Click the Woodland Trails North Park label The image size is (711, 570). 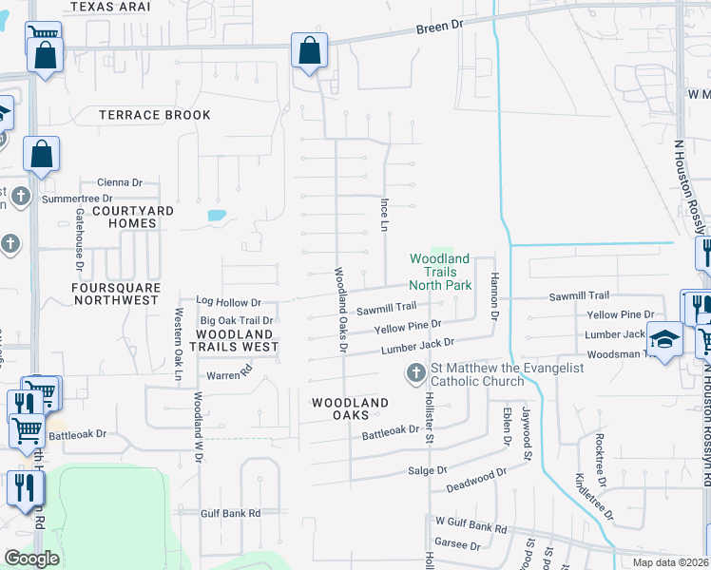pos(440,271)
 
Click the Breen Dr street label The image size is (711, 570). pos(437,29)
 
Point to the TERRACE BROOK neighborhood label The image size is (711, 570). pos(155,115)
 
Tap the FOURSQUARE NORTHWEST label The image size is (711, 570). pos(115,293)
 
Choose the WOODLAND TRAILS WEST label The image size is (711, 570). pos(237,340)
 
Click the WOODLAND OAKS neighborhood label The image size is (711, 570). pos(351,409)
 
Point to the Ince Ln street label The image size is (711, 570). pos(384,215)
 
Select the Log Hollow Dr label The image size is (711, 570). pos(228,302)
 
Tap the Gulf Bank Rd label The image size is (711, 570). pos(230,513)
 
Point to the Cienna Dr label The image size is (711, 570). pos(119,182)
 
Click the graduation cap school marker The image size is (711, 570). pos(664,339)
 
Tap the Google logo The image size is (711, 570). pos(31,558)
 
